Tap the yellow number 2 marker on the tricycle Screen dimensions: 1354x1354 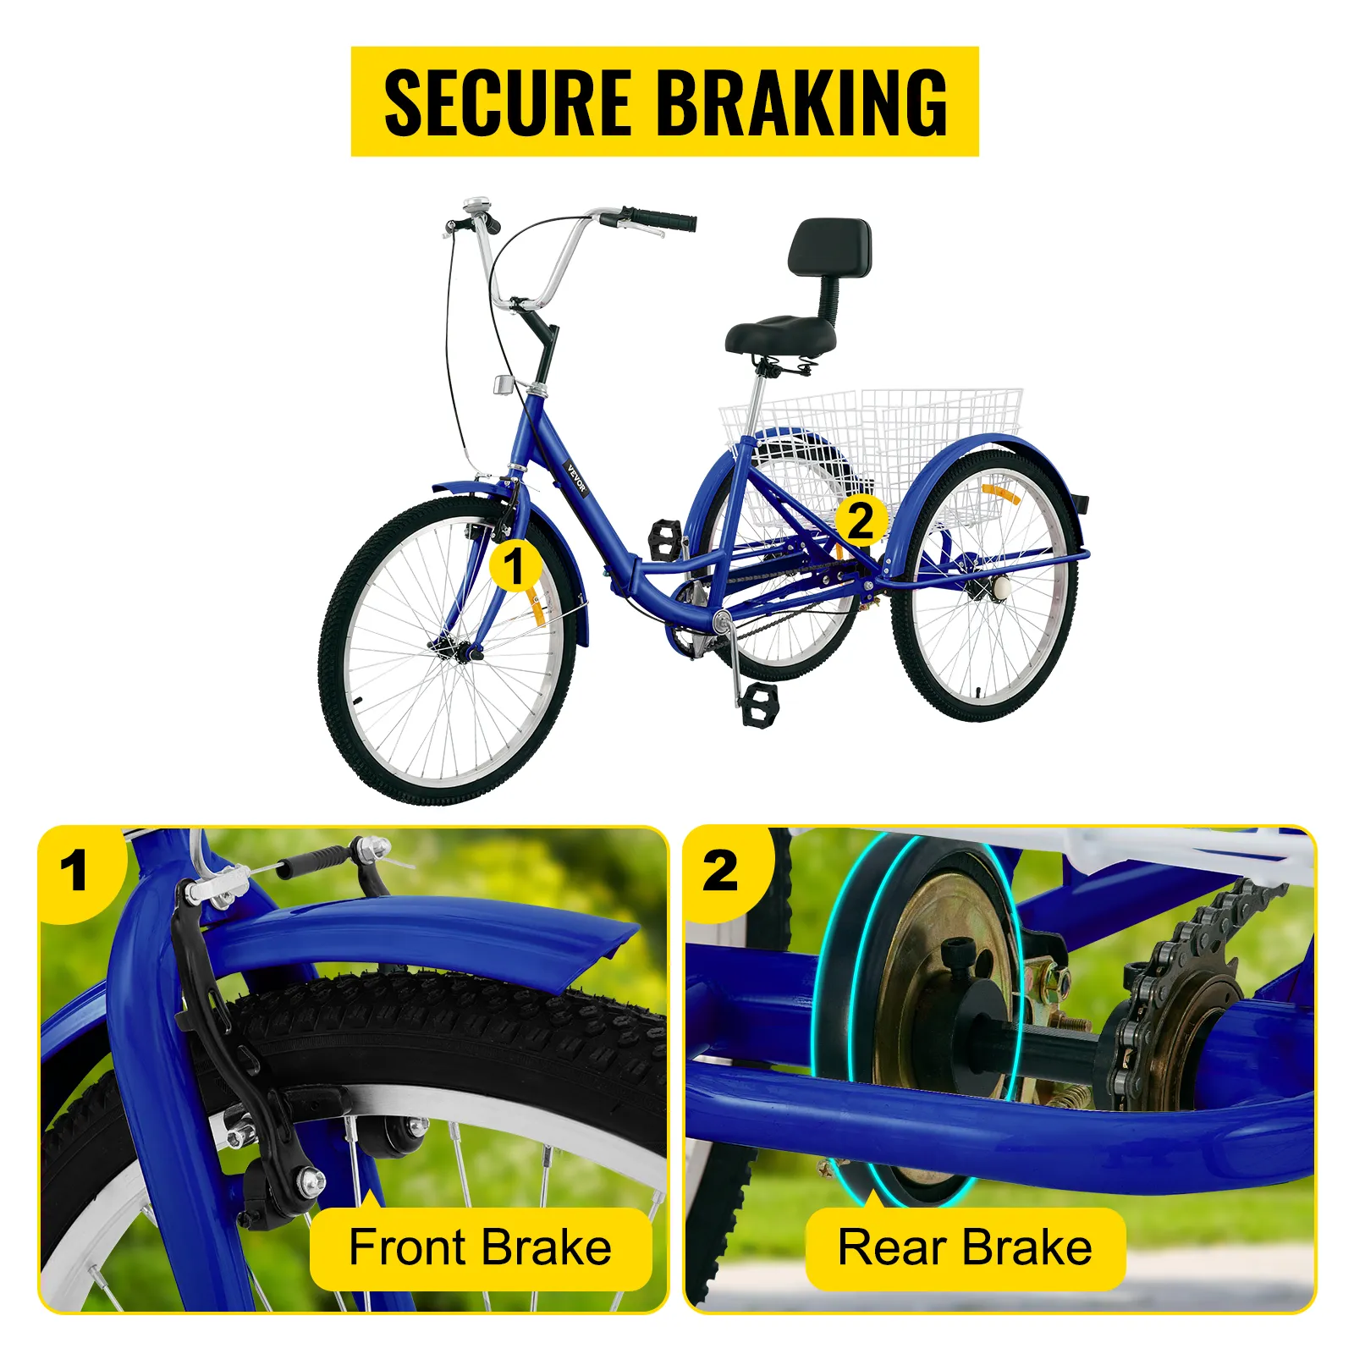[861, 520]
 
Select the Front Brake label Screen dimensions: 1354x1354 [481, 1247]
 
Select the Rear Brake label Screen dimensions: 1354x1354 [965, 1247]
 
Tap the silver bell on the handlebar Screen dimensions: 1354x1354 [476, 207]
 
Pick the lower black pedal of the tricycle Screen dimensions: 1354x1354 [760, 704]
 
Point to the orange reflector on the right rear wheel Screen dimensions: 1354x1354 [1000, 493]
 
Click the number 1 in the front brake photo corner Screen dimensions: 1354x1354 [74, 870]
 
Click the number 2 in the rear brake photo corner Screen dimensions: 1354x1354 [720, 870]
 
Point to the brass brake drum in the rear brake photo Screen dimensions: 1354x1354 [939, 1015]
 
